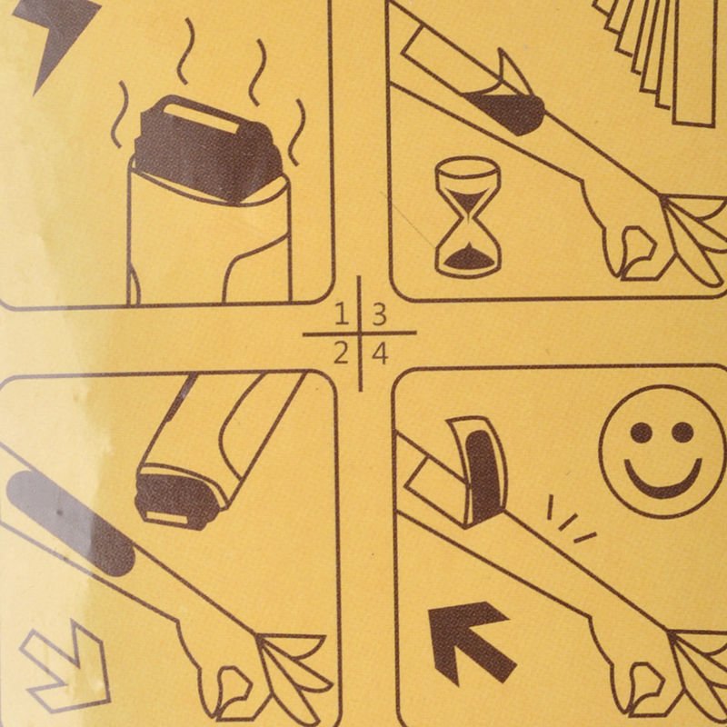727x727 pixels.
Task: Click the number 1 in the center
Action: click(343, 314)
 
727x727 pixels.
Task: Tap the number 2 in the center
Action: click(342, 354)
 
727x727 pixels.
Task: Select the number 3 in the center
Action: click(379, 314)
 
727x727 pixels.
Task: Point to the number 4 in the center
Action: click(380, 354)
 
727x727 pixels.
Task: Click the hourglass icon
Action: click(468, 217)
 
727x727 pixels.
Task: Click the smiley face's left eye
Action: click(641, 433)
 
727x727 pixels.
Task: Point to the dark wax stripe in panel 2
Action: click(70, 522)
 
